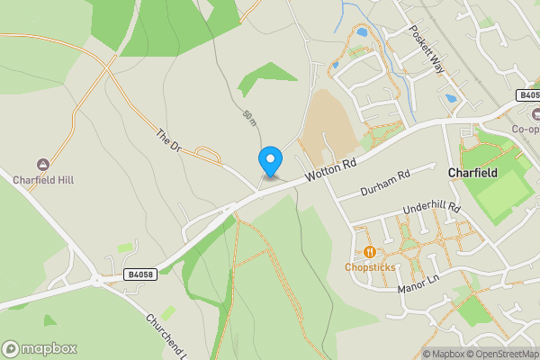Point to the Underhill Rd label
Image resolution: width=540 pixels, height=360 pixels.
pos(432,212)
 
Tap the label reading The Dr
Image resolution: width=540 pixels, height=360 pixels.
pos(167,139)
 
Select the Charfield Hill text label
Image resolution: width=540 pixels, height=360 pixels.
pos(42,179)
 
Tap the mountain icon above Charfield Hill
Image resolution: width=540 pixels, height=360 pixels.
pos(42,164)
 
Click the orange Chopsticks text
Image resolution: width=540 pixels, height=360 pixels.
pos(370,267)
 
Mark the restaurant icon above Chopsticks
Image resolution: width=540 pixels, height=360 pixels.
pos(370,252)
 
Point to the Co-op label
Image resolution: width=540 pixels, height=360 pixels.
pos(526,129)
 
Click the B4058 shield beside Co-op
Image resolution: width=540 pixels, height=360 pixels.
pos(528,94)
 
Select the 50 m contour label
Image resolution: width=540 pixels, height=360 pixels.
pos(249,117)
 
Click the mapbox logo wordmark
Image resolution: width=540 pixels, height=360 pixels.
pos(40,348)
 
